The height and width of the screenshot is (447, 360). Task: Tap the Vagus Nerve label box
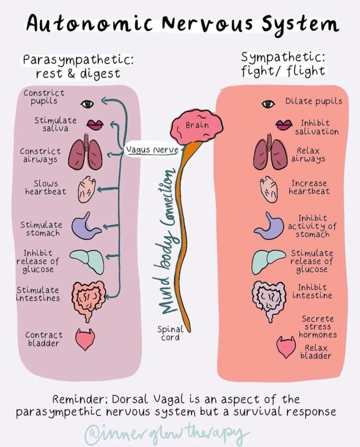point(152,149)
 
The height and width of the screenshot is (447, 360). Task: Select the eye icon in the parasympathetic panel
point(87,104)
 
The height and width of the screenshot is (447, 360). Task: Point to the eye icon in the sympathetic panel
point(268,104)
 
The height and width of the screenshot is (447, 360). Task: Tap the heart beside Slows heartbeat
point(86,189)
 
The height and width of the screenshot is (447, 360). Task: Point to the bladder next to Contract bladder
point(85,339)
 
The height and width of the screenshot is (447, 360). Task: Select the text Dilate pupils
point(314,101)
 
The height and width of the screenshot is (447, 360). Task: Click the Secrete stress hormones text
point(318,327)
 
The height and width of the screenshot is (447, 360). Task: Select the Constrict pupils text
point(44,97)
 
